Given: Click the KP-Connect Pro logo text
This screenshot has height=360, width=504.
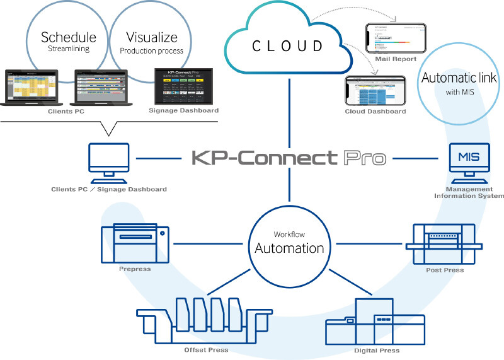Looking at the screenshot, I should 289,157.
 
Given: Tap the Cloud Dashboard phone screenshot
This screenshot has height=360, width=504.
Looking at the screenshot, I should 376,91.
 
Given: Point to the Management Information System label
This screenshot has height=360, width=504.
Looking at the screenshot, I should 469,192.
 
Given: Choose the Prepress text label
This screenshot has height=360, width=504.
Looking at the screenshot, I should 135,270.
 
